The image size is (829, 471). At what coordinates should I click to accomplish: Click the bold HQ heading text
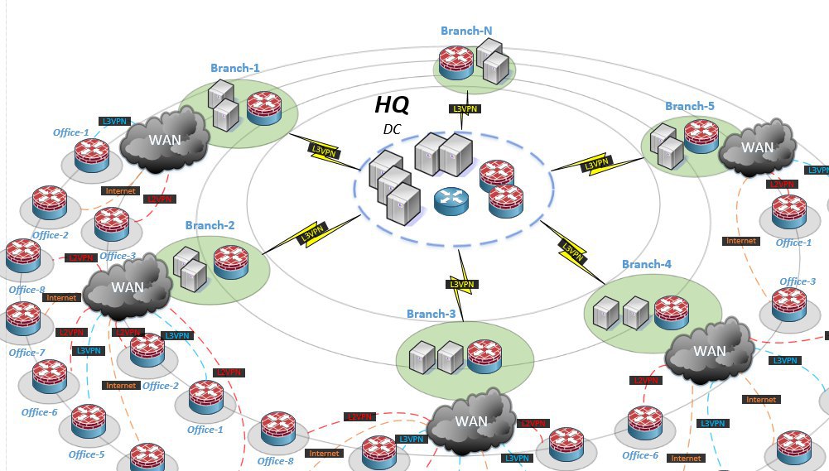click(392, 104)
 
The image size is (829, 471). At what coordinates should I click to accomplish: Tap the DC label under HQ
click(392, 129)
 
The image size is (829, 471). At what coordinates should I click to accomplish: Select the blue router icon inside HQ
click(451, 201)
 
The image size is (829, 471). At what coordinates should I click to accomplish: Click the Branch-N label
click(466, 31)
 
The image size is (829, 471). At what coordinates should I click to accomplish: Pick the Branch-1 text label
click(234, 68)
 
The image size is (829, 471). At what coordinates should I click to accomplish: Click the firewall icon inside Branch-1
click(264, 108)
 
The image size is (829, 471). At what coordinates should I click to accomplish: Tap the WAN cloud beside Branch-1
click(164, 140)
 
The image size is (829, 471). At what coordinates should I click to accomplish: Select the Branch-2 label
click(210, 225)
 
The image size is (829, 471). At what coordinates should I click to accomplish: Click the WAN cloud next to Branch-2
click(128, 287)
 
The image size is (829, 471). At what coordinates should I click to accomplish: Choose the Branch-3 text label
click(431, 314)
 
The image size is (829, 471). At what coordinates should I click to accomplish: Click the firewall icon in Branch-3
click(484, 357)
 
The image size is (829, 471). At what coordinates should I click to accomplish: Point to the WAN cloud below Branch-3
click(470, 421)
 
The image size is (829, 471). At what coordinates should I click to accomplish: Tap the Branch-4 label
click(647, 264)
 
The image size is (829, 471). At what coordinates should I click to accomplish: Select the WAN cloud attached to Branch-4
click(709, 351)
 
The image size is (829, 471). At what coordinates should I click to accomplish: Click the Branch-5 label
click(689, 106)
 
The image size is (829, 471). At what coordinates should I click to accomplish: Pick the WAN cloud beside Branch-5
click(757, 147)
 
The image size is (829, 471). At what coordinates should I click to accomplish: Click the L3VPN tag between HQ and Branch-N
click(465, 109)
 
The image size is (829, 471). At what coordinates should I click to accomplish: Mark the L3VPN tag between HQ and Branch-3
click(463, 285)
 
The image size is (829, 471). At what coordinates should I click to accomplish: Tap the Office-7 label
click(27, 353)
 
